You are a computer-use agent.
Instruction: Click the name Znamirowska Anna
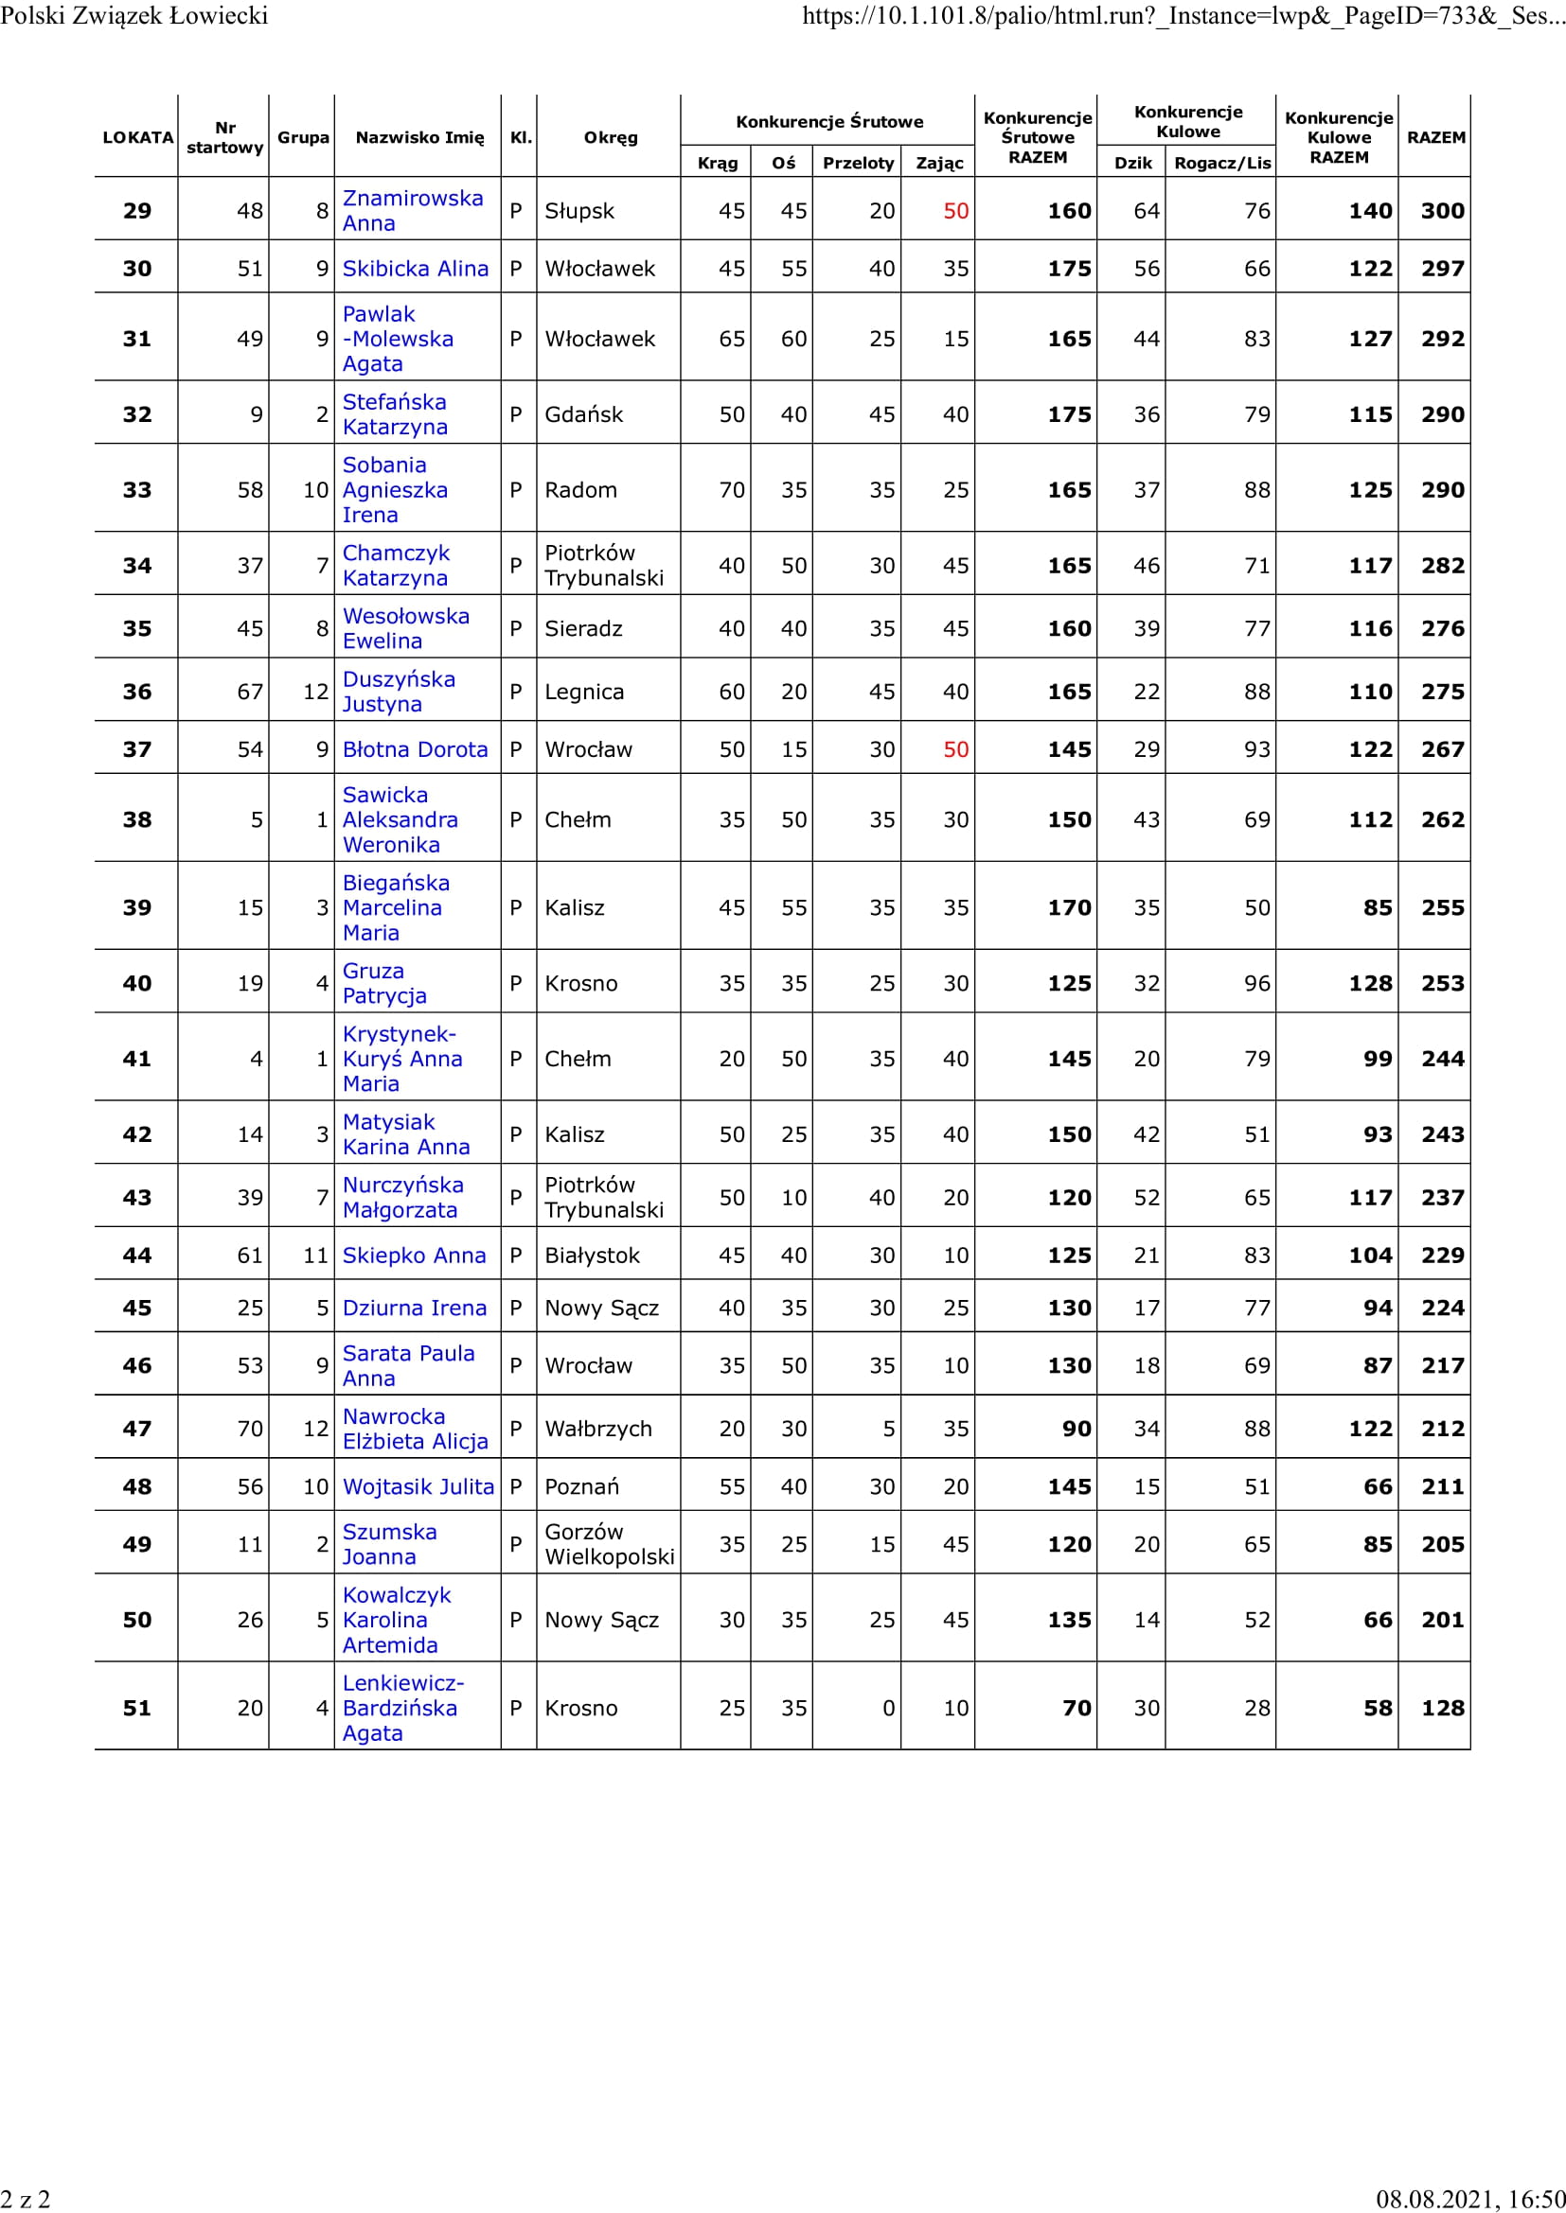pos(413,210)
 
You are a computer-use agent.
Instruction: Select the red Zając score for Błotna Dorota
pos(955,749)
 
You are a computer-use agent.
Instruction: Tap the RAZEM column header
pos(1436,137)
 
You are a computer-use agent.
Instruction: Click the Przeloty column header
pos(857,163)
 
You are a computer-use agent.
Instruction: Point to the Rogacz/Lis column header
pos(1221,163)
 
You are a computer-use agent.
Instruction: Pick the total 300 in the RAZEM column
pos(1442,211)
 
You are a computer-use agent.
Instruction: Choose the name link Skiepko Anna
pos(414,1255)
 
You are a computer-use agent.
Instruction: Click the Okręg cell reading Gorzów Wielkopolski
pos(609,1544)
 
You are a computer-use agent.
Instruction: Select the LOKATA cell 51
pos(137,1708)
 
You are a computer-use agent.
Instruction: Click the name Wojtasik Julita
pos(418,1486)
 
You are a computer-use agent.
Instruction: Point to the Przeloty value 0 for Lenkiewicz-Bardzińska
pos(888,1708)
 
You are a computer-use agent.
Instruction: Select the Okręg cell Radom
pos(580,490)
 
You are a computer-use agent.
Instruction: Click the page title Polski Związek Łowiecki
pos(134,14)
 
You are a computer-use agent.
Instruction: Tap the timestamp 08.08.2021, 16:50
pos(1469,2199)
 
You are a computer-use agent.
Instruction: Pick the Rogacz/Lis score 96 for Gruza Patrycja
pos(1256,983)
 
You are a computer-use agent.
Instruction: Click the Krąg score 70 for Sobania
pos(732,490)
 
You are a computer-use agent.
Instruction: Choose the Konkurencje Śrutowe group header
pos(829,121)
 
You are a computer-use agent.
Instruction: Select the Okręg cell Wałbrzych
pos(597,1429)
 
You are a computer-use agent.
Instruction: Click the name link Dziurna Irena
pos(415,1308)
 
